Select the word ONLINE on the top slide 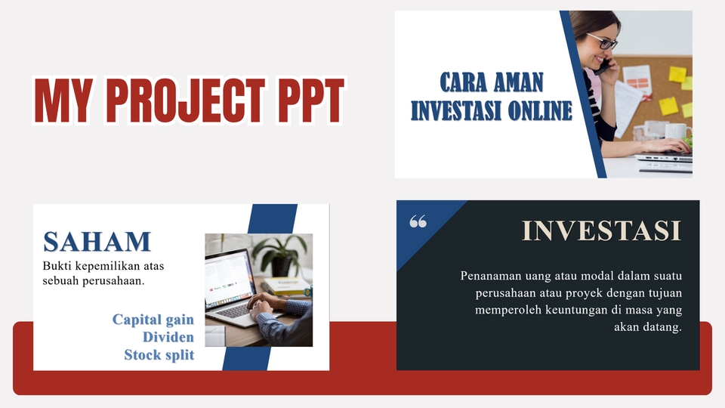(x=533, y=111)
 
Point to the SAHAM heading (x=97, y=241)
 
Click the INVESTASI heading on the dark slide (x=601, y=230)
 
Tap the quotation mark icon (x=418, y=221)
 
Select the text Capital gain (x=153, y=320)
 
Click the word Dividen (x=168, y=337)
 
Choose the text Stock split (x=159, y=354)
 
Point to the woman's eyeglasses (x=601, y=41)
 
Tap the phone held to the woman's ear (x=602, y=66)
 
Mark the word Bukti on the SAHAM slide (x=57, y=266)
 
